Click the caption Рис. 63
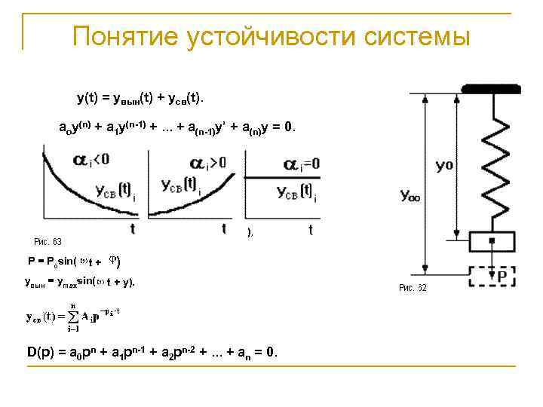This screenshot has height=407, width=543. point(48,242)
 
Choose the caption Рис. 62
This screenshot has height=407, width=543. point(413,288)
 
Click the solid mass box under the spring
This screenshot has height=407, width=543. point(492,242)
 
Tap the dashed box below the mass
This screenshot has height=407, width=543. point(492,276)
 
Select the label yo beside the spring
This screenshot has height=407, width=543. point(443,165)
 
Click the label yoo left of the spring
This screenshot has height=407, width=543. point(411,197)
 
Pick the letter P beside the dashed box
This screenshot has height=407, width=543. point(502,277)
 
